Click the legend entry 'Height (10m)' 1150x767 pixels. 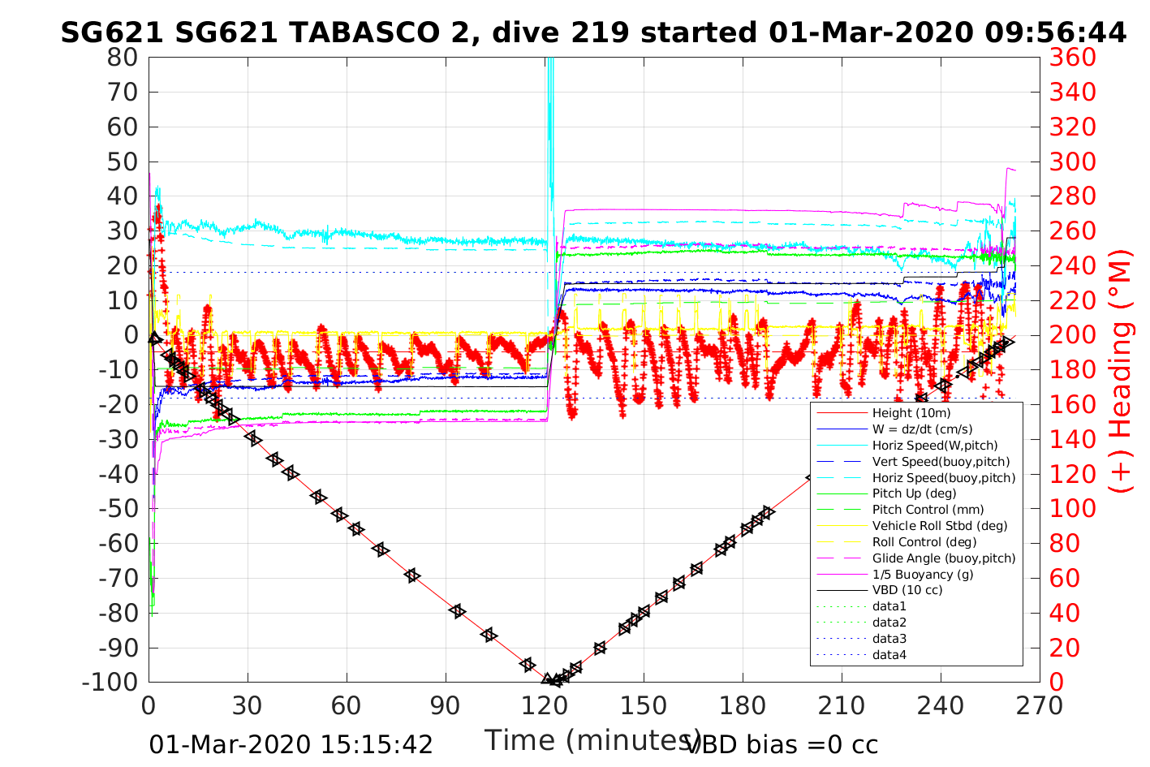[x=911, y=413]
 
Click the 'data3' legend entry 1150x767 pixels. [x=889, y=639]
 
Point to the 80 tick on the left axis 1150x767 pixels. [x=123, y=58]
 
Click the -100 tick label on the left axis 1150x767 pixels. [x=110, y=682]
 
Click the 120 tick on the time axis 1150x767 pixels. [x=545, y=706]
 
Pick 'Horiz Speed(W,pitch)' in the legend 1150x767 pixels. [x=935, y=446]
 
